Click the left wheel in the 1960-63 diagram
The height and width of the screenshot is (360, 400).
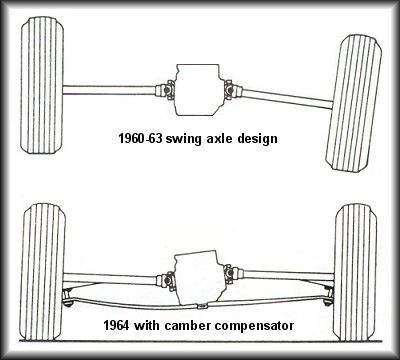tap(42, 85)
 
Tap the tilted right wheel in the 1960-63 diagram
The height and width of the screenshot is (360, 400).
tap(354, 103)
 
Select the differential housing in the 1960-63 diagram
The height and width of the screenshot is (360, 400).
tap(198, 90)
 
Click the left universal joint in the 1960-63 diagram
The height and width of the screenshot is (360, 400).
tap(165, 90)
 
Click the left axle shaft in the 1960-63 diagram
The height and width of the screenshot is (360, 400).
tap(109, 90)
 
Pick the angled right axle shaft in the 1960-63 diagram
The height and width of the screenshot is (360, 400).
tap(287, 98)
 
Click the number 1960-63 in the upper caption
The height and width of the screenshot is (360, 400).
tap(140, 138)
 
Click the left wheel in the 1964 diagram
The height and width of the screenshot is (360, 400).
tap(42, 272)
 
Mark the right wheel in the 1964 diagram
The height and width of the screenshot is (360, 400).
tap(355, 272)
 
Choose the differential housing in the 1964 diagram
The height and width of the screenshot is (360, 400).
tap(198, 278)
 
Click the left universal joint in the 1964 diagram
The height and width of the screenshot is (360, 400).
tap(166, 281)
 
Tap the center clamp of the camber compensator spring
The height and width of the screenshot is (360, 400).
tap(201, 306)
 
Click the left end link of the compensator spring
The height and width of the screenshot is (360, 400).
tap(68, 298)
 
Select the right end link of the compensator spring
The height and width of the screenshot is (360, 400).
tap(329, 297)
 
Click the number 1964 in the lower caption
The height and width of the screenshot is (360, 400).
tap(116, 325)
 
